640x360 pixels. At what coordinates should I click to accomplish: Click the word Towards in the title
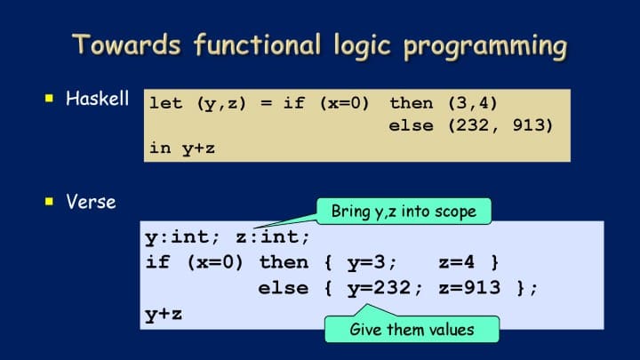pyautogui.click(x=126, y=44)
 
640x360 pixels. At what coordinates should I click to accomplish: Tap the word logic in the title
pyautogui.click(x=363, y=45)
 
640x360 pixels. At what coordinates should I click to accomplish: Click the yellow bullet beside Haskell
pyautogui.click(x=50, y=98)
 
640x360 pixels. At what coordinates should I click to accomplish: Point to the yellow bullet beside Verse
pyautogui.click(x=50, y=201)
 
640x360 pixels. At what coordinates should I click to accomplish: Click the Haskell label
pyautogui.click(x=97, y=99)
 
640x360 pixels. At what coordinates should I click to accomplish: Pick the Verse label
pyautogui.click(x=91, y=202)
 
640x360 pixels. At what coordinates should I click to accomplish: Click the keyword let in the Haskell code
pyautogui.click(x=165, y=103)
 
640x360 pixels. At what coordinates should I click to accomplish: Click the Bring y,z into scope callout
pyautogui.click(x=404, y=212)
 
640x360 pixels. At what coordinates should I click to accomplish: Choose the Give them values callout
pyautogui.click(x=412, y=330)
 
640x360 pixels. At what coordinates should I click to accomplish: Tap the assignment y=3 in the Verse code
pyautogui.click(x=366, y=262)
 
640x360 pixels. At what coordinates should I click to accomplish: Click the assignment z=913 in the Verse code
pyautogui.click(x=469, y=288)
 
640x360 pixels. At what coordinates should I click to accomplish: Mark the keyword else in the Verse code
pyautogui.click(x=284, y=288)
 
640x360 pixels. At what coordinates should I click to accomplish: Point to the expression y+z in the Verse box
pyautogui.click(x=164, y=315)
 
